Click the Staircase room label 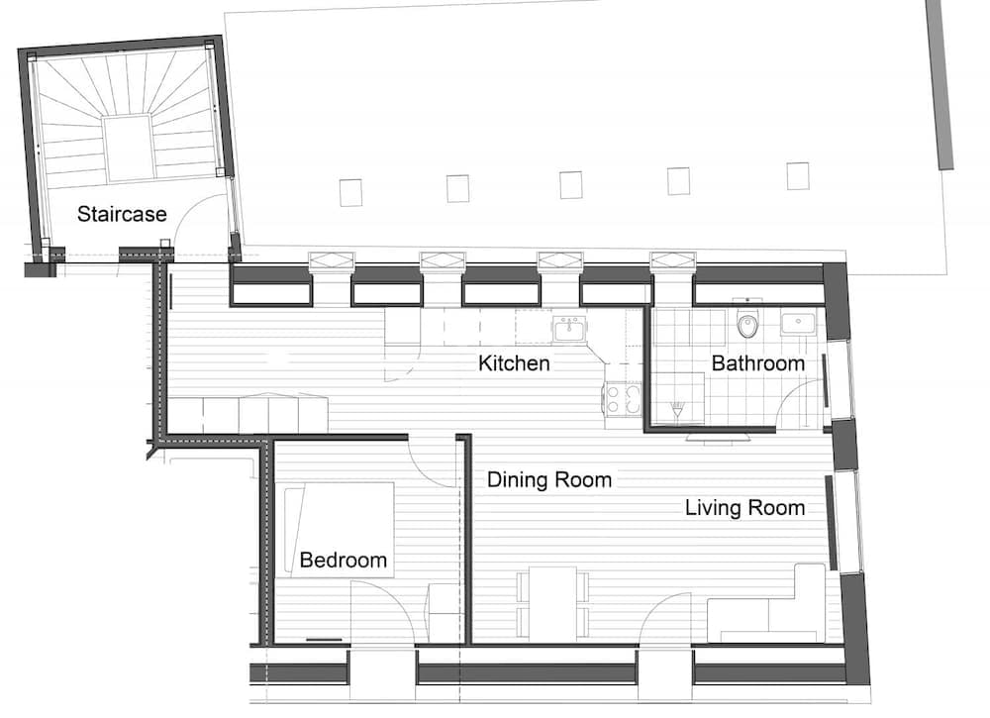point(122,214)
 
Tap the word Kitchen point(514,363)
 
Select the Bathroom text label point(757,363)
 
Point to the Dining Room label point(549,480)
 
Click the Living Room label point(745,508)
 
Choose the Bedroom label point(343,560)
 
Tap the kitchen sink point(570,329)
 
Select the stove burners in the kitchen point(623,399)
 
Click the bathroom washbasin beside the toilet point(798,322)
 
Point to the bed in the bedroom point(339,529)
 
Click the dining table point(552,602)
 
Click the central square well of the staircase point(129,149)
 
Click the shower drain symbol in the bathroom point(677,410)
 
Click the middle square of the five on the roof point(571,185)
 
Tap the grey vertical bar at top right point(939,84)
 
